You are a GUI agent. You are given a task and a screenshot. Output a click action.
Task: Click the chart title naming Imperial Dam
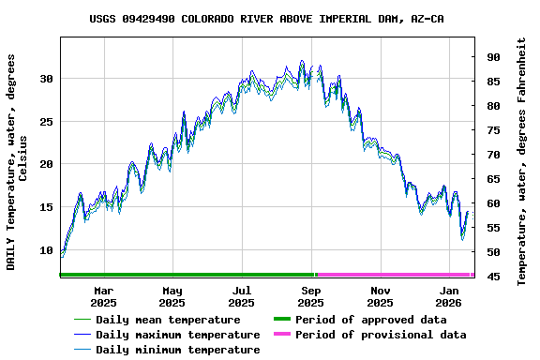tap(267, 19)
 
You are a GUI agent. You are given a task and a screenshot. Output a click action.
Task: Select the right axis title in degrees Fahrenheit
tap(521, 161)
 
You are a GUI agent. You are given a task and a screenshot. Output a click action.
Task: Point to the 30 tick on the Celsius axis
tap(47, 78)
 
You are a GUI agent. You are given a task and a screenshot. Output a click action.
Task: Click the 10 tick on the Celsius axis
tap(47, 250)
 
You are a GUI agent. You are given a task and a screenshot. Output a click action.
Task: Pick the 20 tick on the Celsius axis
tap(47, 164)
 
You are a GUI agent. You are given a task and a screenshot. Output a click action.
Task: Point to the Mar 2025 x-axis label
tap(103, 296)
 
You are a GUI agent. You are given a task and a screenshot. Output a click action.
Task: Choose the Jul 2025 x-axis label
tap(241, 296)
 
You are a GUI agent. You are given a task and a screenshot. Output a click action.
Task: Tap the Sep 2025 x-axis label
tap(310, 296)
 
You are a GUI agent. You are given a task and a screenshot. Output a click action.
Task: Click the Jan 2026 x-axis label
tap(449, 296)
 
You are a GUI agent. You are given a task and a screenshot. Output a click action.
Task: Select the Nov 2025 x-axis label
tap(380, 296)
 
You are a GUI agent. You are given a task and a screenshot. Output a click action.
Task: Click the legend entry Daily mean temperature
tap(168, 320)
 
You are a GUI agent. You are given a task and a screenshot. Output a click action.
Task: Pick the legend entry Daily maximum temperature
tap(177, 335)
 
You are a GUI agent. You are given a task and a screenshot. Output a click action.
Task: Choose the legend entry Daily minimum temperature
tap(177, 350)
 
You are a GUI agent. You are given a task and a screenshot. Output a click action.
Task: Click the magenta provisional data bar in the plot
tap(394, 275)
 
